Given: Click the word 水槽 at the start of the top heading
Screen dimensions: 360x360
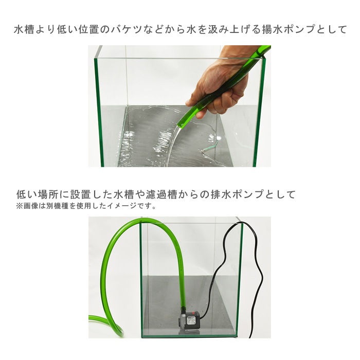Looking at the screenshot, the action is point(24,30).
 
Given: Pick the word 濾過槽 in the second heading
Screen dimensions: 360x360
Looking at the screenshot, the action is point(162,194).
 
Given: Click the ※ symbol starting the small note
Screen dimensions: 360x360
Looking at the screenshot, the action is point(19,206).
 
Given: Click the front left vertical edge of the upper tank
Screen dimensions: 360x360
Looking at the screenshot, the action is point(99,113).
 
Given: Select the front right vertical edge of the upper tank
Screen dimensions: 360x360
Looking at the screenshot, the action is point(260,113).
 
